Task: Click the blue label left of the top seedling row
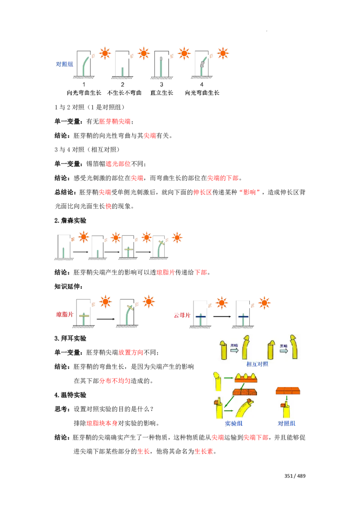pyautogui.click(x=64, y=65)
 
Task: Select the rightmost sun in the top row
pyautogui.click(x=222, y=53)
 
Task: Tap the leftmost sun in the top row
pyautogui.click(x=104, y=53)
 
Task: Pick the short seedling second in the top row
pyautogui.click(x=122, y=70)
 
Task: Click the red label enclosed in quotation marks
pyautogui.click(x=251, y=192)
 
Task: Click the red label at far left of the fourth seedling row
pyautogui.click(x=64, y=315)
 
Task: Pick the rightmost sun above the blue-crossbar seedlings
pyautogui.click(x=264, y=303)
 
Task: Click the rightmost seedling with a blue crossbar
pyautogui.click(x=243, y=318)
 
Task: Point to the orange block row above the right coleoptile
pyautogui.click(x=288, y=390)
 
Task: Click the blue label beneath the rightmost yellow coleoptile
pyautogui.click(x=287, y=424)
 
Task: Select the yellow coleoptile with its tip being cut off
pyautogui.click(x=218, y=381)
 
